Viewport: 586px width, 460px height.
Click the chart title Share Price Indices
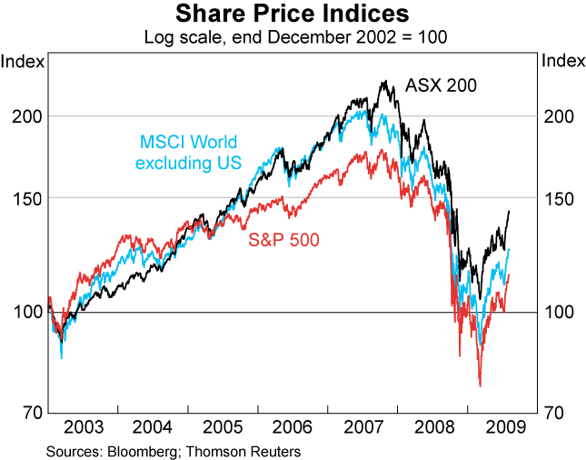(293, 14)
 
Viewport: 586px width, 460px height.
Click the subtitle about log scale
(293, 38)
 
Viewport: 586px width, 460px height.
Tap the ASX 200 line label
(441, 86)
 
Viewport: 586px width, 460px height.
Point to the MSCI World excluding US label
(188, 153)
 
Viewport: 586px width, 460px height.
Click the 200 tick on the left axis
(26, 116)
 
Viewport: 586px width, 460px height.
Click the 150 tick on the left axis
(26, 197)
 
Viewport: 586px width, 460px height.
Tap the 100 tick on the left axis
(26, 312)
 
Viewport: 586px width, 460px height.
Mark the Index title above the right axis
(561, 62)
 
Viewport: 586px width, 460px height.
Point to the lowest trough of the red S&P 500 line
(479, 386)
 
